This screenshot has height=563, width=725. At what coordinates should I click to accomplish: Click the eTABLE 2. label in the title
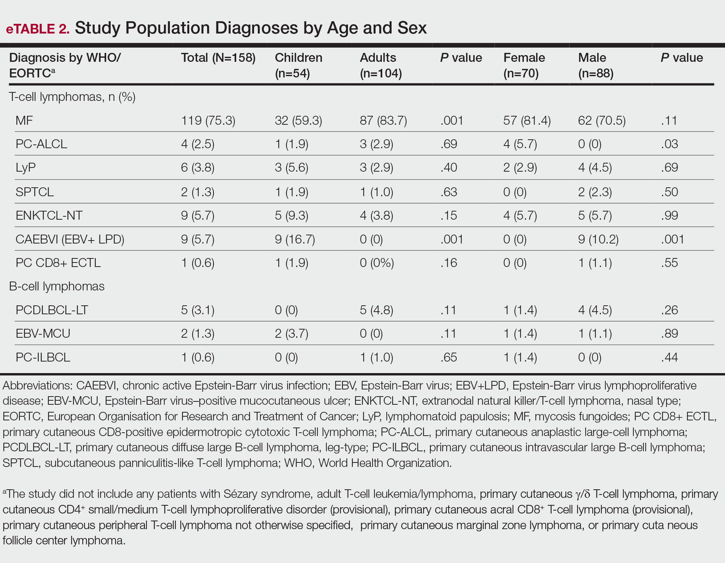(38, 29)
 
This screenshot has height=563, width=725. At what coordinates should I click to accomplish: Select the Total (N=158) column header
(218, 58)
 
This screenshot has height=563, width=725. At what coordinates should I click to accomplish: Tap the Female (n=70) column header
(524, 65)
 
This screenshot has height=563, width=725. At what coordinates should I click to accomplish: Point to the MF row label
(24, 120)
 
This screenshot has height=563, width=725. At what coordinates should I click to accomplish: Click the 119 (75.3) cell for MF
(208, 121)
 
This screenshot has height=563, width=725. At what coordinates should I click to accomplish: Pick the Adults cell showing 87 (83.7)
(383, 121)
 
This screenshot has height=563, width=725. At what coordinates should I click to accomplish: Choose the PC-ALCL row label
(41, 144)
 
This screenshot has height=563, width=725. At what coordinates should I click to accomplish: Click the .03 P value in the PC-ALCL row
(669, 144)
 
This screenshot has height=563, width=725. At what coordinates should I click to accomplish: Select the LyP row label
(26, 168)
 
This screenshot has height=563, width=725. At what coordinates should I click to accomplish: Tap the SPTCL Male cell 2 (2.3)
(595, 192)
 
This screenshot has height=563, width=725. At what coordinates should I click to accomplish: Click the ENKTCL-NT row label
(49, 215)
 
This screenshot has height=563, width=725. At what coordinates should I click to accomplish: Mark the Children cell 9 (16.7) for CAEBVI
(295, 239)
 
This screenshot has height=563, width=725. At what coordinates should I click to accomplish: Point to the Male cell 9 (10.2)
(598, 239)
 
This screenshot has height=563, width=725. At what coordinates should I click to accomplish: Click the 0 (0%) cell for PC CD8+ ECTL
(377, 263)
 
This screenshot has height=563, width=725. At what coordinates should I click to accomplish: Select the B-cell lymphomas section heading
(57, 286)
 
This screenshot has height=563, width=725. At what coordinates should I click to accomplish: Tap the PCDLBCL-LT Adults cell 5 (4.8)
(377, 310)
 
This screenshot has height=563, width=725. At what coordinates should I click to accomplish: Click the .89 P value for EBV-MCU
(669, 334)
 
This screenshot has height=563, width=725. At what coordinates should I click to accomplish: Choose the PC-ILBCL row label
(43, 357)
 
